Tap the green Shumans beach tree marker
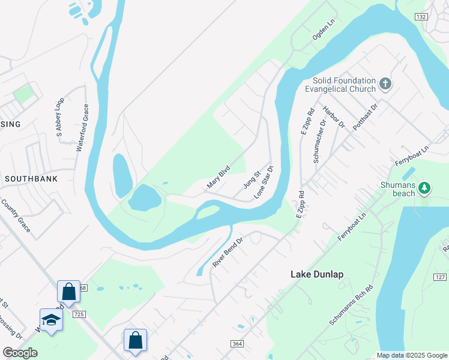[424, 188]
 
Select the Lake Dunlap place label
[317, 274]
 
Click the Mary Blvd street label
[218, 178]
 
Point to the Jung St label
[251, 179]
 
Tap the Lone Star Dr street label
[264, 182]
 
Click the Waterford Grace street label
[82, 128]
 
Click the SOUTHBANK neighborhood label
[31, 179]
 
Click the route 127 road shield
[439, 277]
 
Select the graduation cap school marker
[52, 320]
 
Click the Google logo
[20, 353]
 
